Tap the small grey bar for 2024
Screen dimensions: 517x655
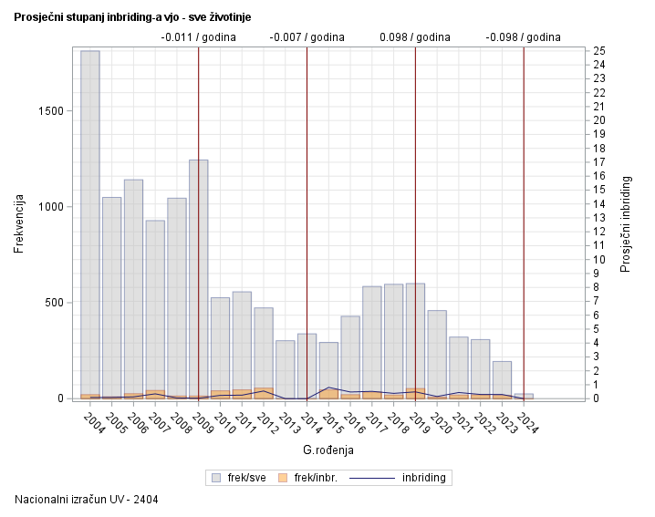524,396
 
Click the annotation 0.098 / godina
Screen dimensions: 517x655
415,37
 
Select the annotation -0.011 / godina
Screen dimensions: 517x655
198,37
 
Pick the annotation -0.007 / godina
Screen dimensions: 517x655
307,37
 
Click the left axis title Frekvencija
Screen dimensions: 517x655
19,223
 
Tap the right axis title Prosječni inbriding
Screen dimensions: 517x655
626,223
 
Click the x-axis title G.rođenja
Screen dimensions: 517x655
328,450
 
